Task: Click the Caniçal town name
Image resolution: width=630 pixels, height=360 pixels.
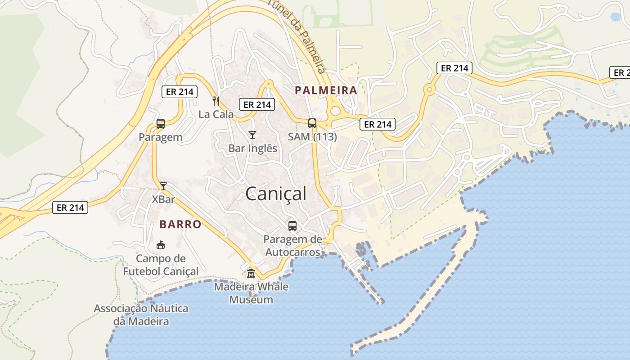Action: (x=276, y=194)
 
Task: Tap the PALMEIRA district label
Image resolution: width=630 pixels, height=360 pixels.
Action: (x=326, y=90)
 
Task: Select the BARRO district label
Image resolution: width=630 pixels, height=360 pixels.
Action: (x=180, y=224)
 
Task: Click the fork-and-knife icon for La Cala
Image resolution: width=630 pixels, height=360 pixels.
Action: (x=216, y=101)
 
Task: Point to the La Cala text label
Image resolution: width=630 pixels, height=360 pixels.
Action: (x=216, y=114)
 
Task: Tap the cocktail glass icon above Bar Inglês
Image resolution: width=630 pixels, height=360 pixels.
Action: (x=252, y=135)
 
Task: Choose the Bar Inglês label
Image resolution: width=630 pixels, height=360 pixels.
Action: (x=253, y=148)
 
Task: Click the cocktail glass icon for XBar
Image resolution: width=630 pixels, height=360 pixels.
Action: (x=163, y=186)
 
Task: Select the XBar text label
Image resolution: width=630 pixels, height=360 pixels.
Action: (x=163, y=199)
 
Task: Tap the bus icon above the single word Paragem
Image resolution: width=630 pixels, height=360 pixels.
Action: (x=161, y=124)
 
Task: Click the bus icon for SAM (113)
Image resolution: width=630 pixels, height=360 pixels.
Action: (x=312, y=123)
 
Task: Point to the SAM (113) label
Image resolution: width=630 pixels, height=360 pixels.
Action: (x=312, y=136)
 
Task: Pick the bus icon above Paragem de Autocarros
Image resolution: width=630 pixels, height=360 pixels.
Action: (x=292, y=226)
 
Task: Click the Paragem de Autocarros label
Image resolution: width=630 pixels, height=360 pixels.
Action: (x=293, y=246)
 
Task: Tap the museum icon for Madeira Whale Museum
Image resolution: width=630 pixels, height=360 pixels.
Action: (x=251, y=273)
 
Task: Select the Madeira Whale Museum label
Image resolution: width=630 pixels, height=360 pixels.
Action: (x=251, y=293)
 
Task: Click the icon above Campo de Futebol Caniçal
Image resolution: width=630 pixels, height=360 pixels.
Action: (x=160, y=245)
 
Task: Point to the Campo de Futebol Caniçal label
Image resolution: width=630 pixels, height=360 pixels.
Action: (x=161, y=265)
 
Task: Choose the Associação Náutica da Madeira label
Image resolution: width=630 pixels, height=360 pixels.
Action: (x=141, y=315)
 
